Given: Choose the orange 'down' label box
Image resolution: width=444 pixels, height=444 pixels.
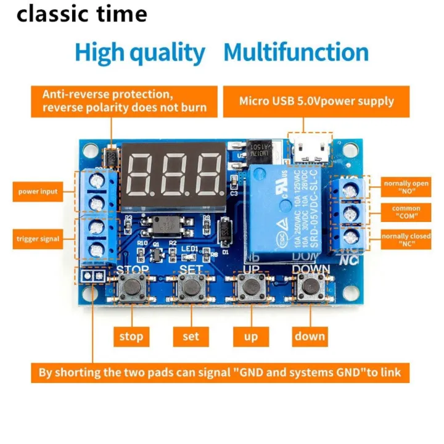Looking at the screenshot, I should pos(309,335).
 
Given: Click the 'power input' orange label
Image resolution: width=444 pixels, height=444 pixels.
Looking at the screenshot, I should pos(37,192).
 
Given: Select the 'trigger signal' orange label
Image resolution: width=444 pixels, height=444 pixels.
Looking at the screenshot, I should pos(37,239).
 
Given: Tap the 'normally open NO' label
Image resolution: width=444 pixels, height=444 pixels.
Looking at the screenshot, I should pos(406,187).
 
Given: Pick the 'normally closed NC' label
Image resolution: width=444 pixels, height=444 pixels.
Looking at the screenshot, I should pos(406,240).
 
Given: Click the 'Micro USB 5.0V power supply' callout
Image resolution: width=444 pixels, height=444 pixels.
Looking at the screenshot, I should pos(316,101).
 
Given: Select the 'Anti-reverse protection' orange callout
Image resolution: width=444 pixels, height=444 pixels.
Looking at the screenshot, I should pos(124,101).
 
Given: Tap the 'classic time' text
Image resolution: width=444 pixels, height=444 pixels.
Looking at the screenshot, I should pos(81,14).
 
